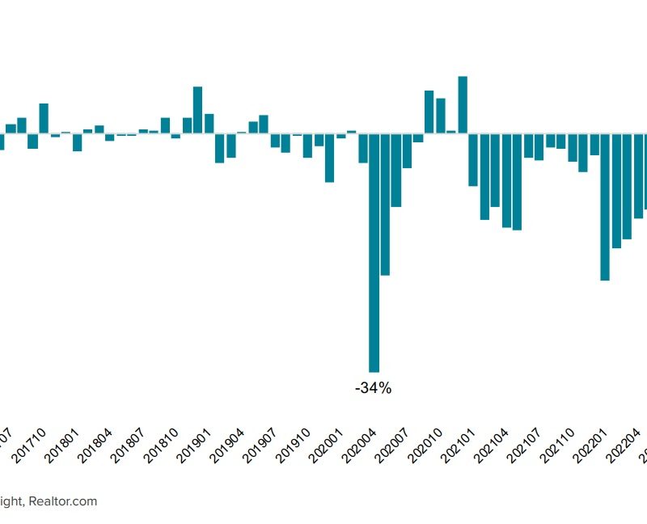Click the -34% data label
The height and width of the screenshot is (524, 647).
click(373, 389)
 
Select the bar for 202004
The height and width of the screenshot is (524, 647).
click(374, 251)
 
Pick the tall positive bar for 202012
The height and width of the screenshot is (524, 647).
click(463, 104)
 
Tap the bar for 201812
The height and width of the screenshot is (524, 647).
click(198, 109)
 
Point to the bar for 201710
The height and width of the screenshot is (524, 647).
click(44, 118)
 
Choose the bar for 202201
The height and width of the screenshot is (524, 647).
click(605, 206)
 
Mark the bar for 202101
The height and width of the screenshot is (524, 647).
click(474, 159)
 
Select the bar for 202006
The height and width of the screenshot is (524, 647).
click(396, 170)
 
